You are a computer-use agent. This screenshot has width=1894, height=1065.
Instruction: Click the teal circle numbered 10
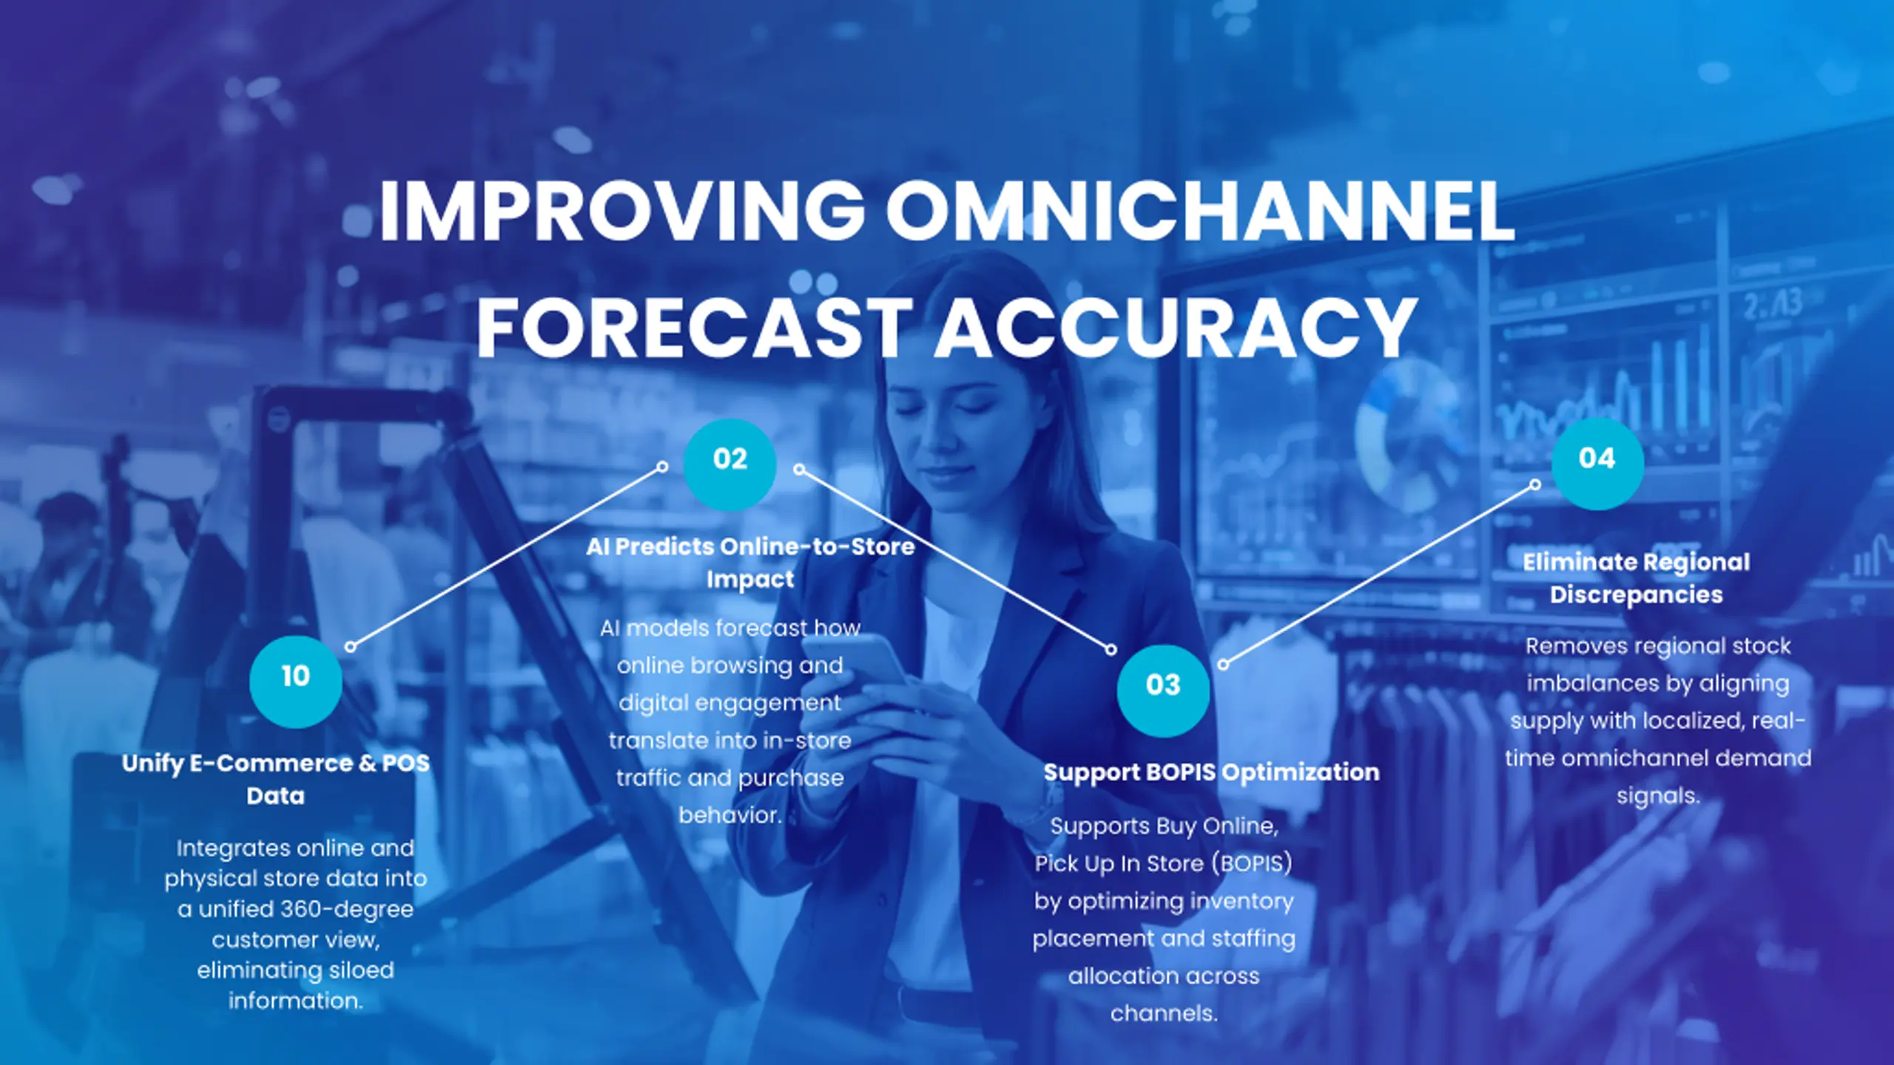click(x=296, y=681)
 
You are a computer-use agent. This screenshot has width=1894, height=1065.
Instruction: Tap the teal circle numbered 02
click(x=729, y=464)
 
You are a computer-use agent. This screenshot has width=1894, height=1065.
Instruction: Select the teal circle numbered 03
click(x=1163, y=690)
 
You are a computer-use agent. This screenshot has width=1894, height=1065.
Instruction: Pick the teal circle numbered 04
click(x=1597, y=464)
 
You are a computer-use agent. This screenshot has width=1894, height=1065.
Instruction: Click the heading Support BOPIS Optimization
click(x=1211, y=772)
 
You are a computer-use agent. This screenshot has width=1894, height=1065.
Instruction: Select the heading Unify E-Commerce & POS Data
click(x=275, y=780)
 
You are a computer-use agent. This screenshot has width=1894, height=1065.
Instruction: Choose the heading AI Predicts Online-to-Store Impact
click(x=750, y=562)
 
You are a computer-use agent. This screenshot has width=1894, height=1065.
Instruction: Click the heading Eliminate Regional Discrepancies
click(x=1637, y=578)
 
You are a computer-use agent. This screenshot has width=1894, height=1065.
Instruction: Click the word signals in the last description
click(x=1658, y=796)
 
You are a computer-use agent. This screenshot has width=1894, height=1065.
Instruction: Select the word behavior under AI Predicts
click(x=730, y=815)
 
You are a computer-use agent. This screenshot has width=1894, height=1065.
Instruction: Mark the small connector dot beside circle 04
click(x=1535, y=484)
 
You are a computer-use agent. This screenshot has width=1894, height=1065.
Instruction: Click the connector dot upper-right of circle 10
click(x=351, y=647)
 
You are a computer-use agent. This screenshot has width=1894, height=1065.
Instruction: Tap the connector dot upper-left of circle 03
click(x=1111, y=649)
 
